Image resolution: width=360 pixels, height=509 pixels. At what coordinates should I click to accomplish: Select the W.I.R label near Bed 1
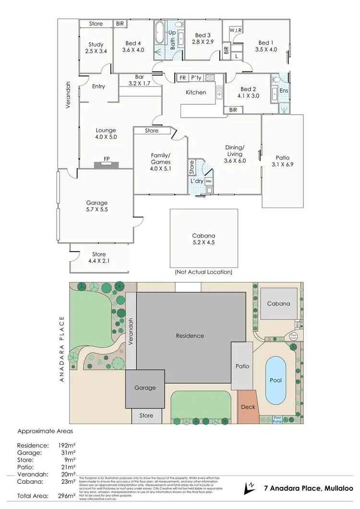[235, 30]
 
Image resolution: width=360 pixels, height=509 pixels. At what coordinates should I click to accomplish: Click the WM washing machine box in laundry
[209, 182]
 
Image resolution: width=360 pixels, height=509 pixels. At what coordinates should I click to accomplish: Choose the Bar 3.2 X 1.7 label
[133, 80]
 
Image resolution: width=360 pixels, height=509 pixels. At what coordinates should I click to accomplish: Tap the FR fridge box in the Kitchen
[182, 78]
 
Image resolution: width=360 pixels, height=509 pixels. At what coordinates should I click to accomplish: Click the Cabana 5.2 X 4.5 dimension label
[204, 239]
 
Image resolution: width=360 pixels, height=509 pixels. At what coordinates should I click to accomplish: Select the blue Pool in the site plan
[275, 380]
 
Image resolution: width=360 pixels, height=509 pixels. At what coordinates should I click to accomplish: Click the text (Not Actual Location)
[204, 272]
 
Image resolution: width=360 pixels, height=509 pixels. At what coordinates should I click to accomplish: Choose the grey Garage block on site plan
[144, 388]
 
